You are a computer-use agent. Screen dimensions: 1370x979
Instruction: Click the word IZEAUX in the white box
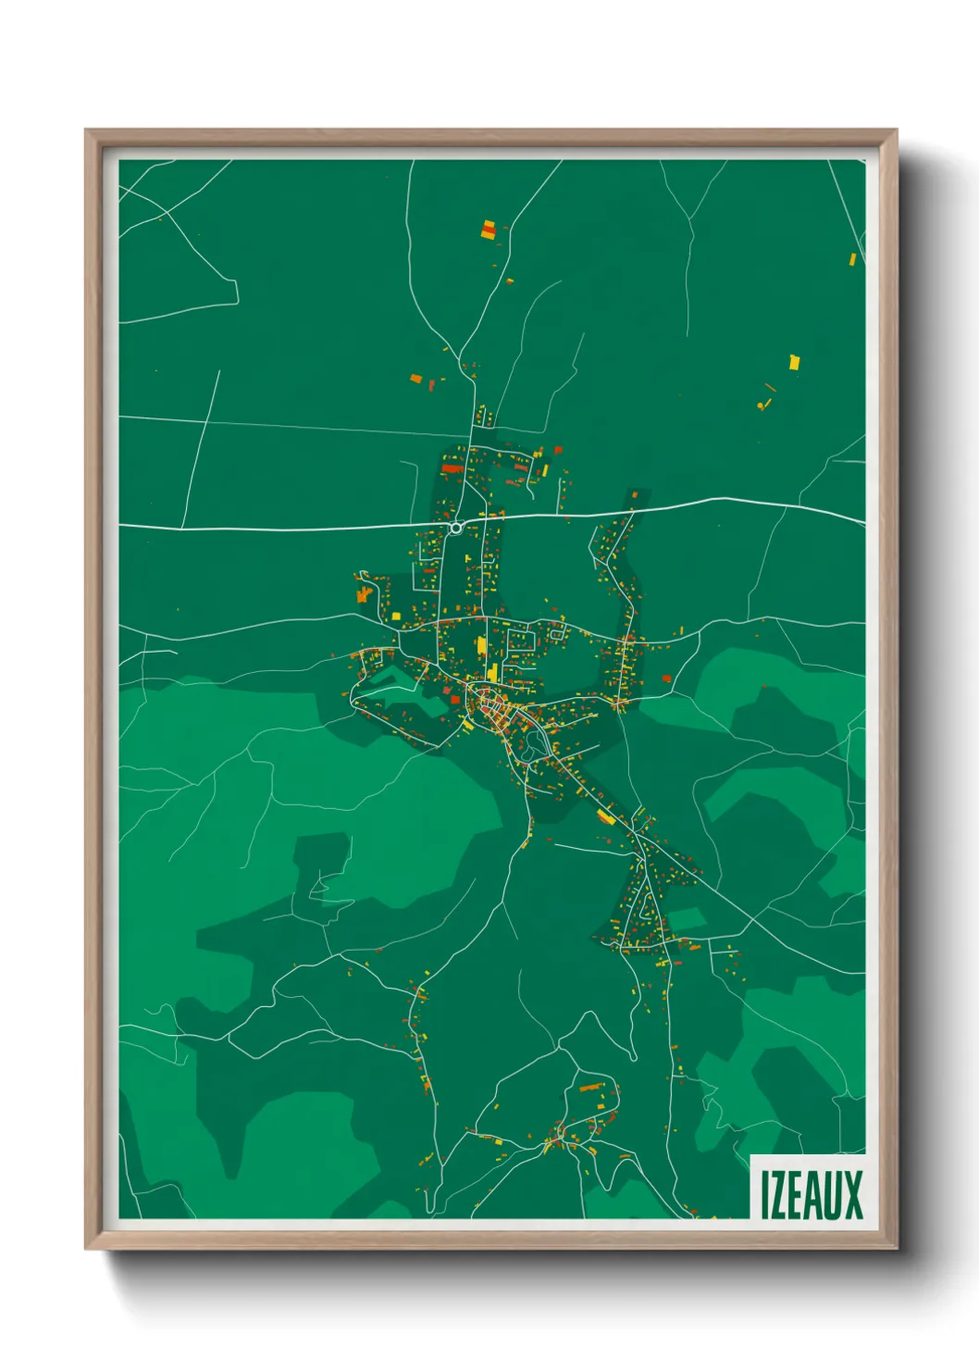[x=812, y=1195]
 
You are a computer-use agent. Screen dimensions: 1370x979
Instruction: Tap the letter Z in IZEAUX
[x=780, y=1195]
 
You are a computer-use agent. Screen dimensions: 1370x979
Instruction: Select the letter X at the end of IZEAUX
[x=854, y=1195]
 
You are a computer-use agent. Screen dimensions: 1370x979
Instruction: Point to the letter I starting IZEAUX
[x=765, y=1195]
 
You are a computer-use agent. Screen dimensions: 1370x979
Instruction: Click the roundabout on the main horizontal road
[x=455, y=528]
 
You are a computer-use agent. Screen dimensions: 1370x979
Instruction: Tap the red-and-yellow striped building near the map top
[x=489, y=230]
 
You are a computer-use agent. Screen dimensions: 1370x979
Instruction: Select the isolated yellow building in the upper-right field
[x=794, y=362]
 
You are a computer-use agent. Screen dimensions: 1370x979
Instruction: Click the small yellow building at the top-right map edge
[x=853, y=259]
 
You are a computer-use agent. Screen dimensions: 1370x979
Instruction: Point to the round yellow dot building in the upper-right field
[x=761, y=405]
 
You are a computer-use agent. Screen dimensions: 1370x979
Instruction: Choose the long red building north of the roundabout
[x=452, y=468]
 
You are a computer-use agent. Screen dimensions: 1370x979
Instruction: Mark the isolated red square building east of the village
[x=666, y=679]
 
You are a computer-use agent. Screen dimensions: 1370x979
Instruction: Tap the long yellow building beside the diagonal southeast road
[x=606, y=816]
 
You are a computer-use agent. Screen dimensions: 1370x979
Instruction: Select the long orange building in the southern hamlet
[x=590, y=1087]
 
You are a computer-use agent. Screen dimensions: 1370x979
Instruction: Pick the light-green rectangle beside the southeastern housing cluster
[x=687, y=919]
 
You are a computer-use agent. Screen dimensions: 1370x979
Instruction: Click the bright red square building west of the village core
[x=455, y=700]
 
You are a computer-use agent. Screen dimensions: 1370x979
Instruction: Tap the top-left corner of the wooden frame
[x=87, y=131]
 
